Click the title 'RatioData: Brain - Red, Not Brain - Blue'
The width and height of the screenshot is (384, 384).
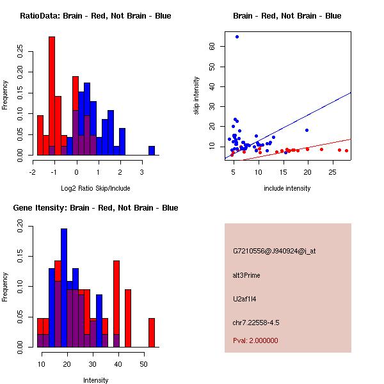tap(95, 16)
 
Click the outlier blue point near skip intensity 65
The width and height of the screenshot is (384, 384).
tap(237, 37)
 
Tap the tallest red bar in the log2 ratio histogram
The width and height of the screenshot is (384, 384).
tap(52, 96)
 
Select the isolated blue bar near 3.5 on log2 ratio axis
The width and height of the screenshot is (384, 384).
tap(152, 150)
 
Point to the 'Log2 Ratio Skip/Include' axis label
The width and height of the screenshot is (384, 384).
tap(95, 189)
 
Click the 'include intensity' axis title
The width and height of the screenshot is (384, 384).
tap(287, 189)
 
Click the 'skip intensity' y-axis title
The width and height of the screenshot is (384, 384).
tap(197, 96)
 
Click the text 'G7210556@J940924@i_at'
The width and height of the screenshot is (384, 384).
tap(274, 251)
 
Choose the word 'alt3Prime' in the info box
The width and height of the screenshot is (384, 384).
tap(247, 275)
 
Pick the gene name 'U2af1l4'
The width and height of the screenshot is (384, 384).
tap(245, 299)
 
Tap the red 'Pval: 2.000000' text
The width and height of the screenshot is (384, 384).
tap(255, 340)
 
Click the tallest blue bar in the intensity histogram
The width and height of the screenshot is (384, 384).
tap(64, 288)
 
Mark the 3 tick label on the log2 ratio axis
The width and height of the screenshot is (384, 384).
tap(141, 172)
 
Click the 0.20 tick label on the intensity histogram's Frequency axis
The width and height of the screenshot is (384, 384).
tap(20, 225)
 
